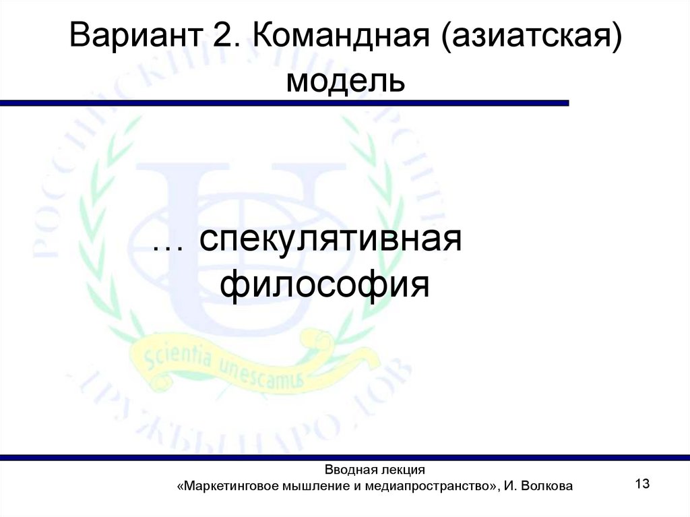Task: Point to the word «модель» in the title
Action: pos(345,82)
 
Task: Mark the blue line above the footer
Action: pos(345,458)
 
